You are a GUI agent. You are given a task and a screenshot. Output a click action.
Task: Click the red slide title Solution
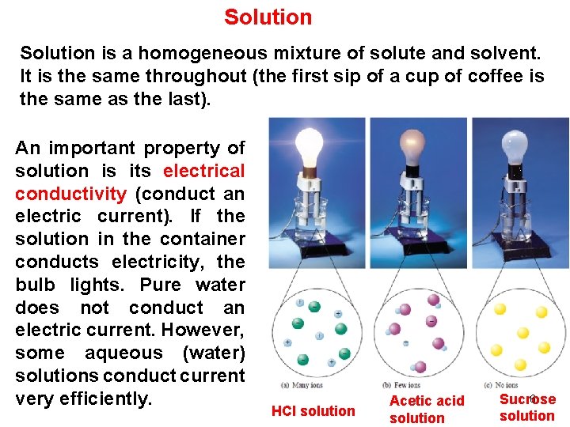coord(268,17)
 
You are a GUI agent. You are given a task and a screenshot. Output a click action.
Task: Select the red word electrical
coord(204,171)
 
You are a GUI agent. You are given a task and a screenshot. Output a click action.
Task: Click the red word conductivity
coord(70,194)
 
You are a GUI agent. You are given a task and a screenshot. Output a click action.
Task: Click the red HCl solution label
coord(313,410)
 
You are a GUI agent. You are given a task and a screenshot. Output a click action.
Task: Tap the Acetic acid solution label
coord(427,410)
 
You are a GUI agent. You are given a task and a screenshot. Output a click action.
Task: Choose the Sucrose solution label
coord(527,407)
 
